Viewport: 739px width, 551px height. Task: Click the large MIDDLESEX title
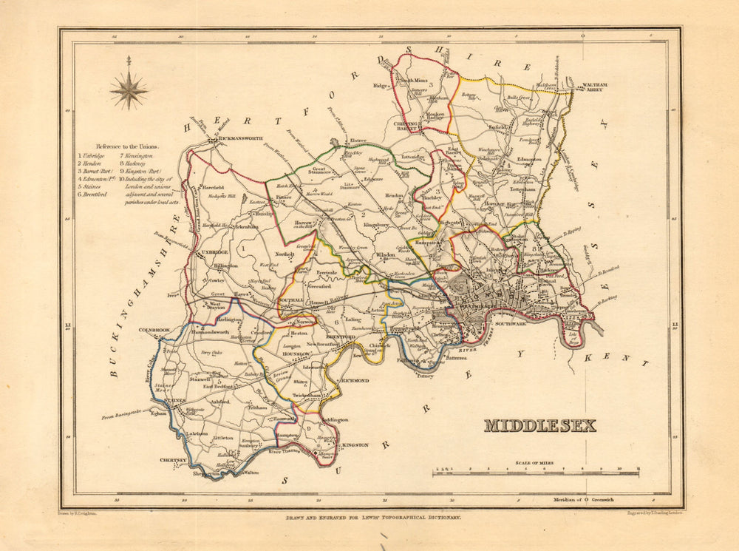click(539, 426)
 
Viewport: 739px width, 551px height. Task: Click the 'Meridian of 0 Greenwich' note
click(584, 499)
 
